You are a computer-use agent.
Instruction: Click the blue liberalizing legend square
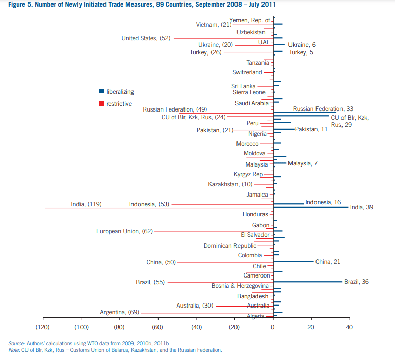click(x=101, y=92)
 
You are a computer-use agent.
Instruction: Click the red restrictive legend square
click(x=101, y=104)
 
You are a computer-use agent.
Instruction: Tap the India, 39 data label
click(x=361, y=207)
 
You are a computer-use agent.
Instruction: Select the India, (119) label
click(x=86, y=204)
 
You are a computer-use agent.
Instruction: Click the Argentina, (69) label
click(x=119, y=312)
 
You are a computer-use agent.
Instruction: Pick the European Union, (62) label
click(x=124, y=231)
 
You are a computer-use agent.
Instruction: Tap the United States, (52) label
click(x=146, y=38)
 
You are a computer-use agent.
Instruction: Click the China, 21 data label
click(x=328, y=262)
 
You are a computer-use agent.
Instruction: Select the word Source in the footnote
click(x=17, y=343)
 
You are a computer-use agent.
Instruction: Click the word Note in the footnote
click(x=14, y=350)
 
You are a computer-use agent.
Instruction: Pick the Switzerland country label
click(x=247, y=72)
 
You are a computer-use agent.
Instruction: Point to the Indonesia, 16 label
click(x=323, y=202)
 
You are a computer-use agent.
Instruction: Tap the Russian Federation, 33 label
click(x=323, y=109)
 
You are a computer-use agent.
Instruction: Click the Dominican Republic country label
click(x=230, y=246)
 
